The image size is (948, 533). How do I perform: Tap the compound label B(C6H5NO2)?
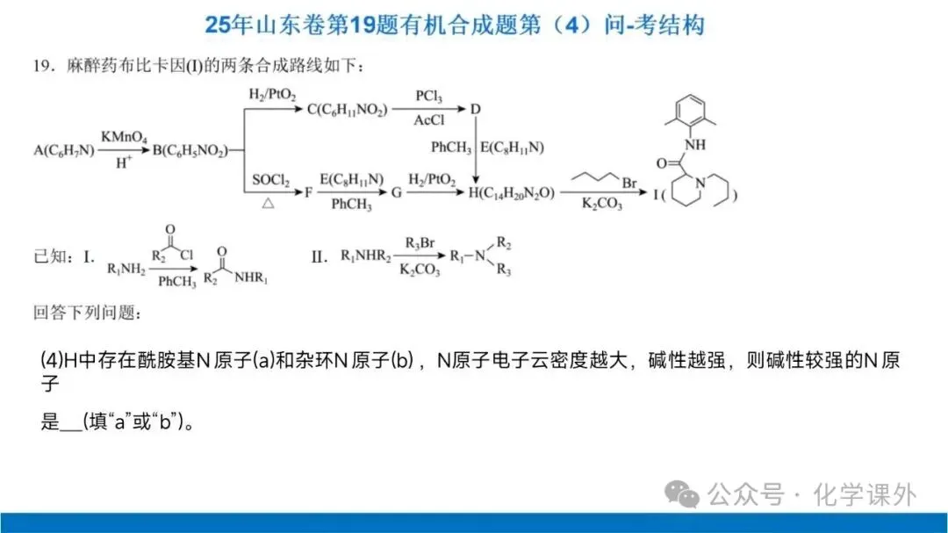coord(189,151)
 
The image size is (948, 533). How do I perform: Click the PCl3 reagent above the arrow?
coord(428,96)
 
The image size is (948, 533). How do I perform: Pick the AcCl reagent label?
coord(428,122)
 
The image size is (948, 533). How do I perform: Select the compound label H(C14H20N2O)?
coord(512,193)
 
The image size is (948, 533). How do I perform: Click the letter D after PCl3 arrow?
coord(476,109)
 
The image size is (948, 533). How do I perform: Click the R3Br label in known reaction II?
coord(420,242)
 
